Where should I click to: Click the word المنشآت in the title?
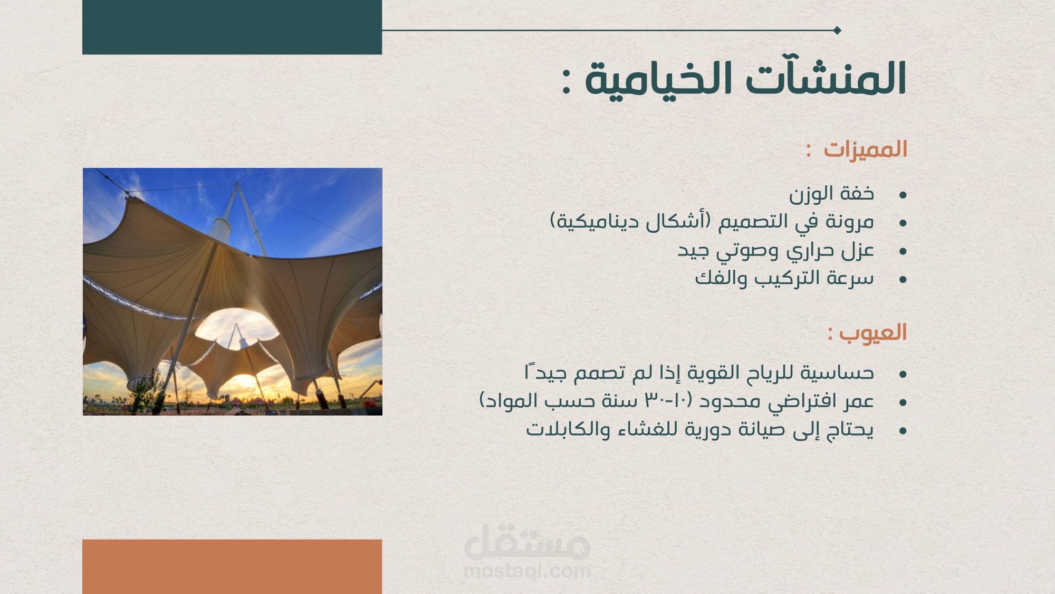[826, 78]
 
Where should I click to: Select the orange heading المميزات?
[865, 149]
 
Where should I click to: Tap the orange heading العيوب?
[872, 333]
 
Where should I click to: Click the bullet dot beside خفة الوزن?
[903, 195]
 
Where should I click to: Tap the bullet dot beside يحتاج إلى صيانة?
[903, 431]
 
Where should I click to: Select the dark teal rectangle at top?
[232, 27]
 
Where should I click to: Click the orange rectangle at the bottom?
[232, 567]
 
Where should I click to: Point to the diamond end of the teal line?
[837, 30]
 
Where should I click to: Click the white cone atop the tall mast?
[220, 228]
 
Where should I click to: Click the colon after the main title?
[566, 83]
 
